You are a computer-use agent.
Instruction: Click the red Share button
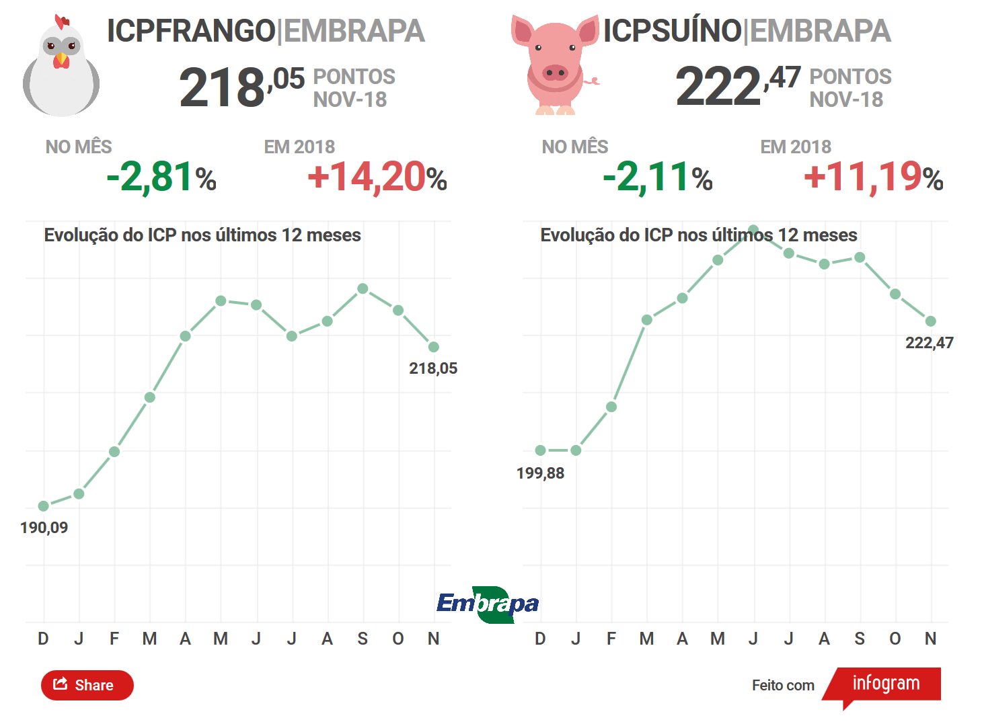coord(87,685)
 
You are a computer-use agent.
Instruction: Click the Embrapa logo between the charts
coord(488,604)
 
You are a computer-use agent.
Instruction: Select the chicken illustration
coord(61,67)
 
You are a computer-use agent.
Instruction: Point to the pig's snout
coord(555,72)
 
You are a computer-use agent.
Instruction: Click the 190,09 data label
coord(44,528)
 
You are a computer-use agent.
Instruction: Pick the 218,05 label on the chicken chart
coord(433,368)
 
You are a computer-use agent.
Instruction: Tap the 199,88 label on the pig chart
coord(540,473)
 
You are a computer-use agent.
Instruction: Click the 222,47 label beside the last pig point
coord(929,343)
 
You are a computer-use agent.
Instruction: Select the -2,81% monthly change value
coord(161,177)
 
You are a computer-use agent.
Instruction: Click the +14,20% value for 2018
coord(377,177)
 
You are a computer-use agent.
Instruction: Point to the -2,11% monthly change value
coord(658,177)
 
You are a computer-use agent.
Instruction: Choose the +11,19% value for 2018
coord(873,177)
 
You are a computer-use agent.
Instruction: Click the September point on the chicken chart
coord(363,288)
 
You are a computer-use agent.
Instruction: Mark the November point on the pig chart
coord(930,321)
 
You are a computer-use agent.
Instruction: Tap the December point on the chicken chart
coord(44,506)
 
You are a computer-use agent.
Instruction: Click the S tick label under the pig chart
coord(860,639)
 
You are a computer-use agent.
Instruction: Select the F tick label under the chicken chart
coord(114,639)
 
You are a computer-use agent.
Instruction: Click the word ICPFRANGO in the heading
coord(191,31)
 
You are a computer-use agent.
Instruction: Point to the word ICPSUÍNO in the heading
coord(672,31)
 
